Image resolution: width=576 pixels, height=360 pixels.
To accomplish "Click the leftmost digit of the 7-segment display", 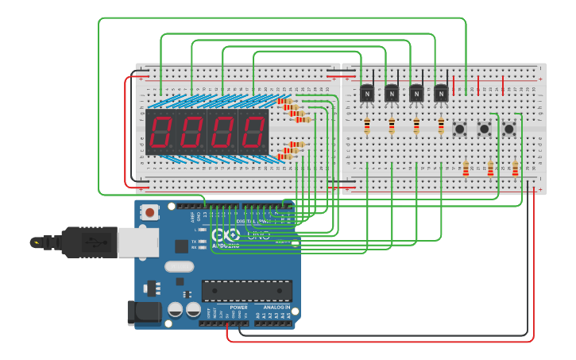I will (161, 132).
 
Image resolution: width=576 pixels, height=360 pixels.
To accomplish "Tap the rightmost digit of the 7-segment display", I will (253, 132).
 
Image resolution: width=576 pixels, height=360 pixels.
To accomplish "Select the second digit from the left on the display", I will (192, 132).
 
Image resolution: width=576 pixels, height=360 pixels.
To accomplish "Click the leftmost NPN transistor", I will (367, 94).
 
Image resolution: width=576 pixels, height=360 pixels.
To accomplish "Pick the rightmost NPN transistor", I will (441, 94).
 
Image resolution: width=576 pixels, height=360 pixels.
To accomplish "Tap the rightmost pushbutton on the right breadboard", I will (508, 128).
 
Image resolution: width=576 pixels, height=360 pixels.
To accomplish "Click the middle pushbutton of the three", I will (484, 128).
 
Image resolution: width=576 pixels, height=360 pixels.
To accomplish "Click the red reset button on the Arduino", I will (149, 212).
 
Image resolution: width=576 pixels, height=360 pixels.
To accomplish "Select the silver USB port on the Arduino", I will (137, 242).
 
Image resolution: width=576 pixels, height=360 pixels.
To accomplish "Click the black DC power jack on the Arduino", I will (144, 312).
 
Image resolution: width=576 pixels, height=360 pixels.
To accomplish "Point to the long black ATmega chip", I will (246, 290).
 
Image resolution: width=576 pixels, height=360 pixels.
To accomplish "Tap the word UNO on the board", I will (259, 236).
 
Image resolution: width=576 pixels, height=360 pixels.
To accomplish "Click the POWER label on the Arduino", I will (238, 307).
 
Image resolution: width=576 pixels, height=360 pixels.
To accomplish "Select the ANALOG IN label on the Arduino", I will (276, 307).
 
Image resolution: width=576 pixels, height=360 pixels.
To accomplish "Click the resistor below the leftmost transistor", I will (367, 126).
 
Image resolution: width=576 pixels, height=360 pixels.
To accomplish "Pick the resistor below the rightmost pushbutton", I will (515, 168).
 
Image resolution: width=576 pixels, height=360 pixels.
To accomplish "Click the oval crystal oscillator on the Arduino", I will (180, 267).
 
